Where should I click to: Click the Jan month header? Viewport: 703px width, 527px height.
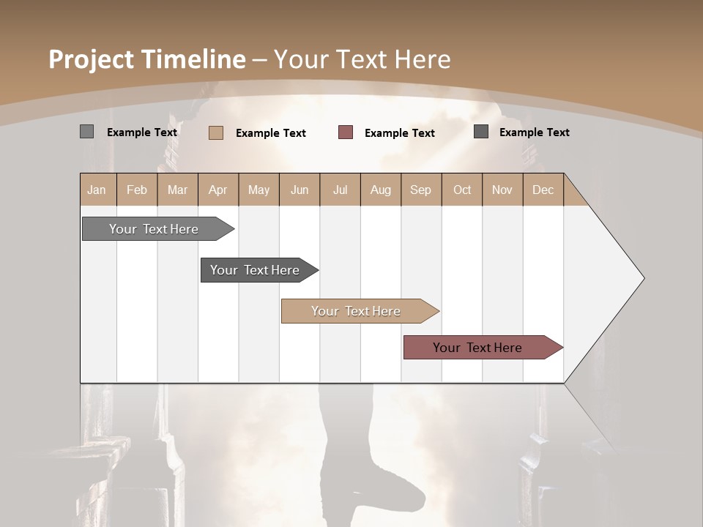click(97, 190)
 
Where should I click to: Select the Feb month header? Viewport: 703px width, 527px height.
click(137, 190)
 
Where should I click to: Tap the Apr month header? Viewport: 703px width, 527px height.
click(218, 190)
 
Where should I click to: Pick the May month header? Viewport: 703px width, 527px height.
click(258, 190)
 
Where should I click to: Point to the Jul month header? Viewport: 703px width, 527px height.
click(340, 190)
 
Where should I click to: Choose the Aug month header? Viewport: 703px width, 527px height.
click(381, 190)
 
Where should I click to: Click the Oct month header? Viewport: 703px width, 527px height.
click(462, 190)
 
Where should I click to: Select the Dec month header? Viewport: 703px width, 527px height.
click(543, 190)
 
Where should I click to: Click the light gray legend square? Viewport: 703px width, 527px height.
click(86, 132)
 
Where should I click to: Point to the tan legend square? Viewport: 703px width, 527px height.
click(215, 132)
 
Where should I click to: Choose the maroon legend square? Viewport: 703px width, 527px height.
click(346, 132)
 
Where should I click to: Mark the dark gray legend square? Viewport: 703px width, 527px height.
click(481, 132)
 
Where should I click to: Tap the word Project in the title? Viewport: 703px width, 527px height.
click(91, 59)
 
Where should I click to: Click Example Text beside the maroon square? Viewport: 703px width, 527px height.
click(399, 132)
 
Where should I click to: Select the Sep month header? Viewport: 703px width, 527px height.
click(420, 190)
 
